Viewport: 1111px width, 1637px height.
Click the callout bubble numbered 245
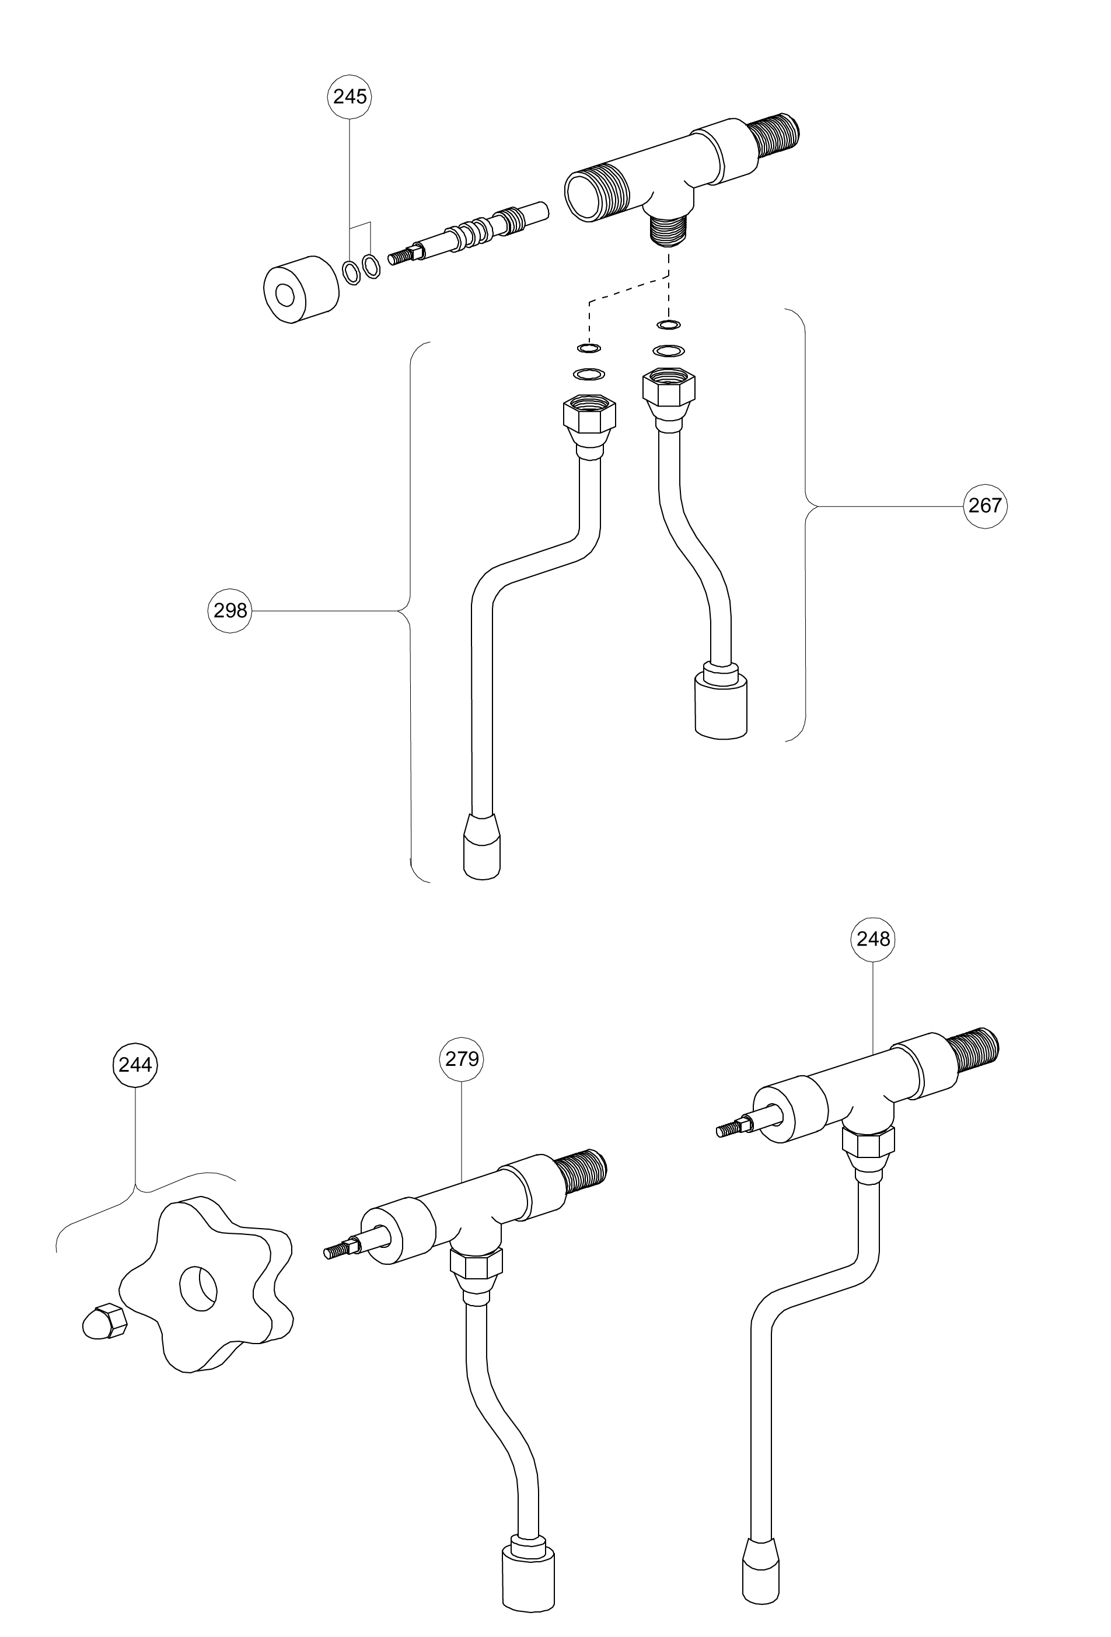pyautogui.click(x=350, y=96)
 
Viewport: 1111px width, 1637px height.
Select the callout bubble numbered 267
pyautogui.click(x=984, y=506)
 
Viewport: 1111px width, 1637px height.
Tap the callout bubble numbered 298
pyautogui.click(x=230, y=611)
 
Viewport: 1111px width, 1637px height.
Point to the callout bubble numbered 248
pyautogui.click(x=873, y=939)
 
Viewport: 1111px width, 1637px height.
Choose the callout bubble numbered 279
pyautogui.click(x=462, y=1059)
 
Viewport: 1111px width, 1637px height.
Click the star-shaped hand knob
pyautogui.click(x=204, y=1286)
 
